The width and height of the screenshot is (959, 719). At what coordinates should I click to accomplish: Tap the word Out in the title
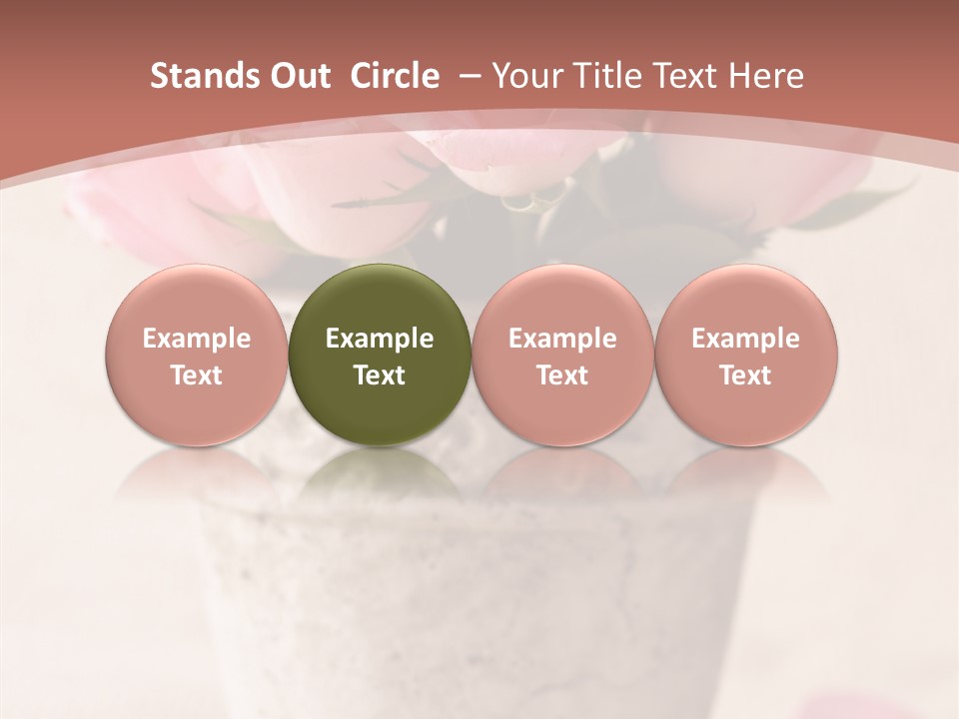(x=297, y=76)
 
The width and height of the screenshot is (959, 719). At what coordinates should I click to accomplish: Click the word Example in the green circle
(x=380, y=339)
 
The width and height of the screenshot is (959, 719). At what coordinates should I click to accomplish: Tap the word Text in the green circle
(x=380, y=375)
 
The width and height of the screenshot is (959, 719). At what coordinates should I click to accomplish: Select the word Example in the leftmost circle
(x=197, y=339)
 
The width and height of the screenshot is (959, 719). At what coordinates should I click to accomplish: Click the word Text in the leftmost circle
(x=197, y=375)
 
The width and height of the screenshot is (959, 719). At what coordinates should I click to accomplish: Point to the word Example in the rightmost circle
(x=745, y=339)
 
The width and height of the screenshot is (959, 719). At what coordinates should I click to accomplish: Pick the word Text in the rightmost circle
(x=745, y=375)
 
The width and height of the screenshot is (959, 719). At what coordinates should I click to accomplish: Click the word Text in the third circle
(x=562, y=375)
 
